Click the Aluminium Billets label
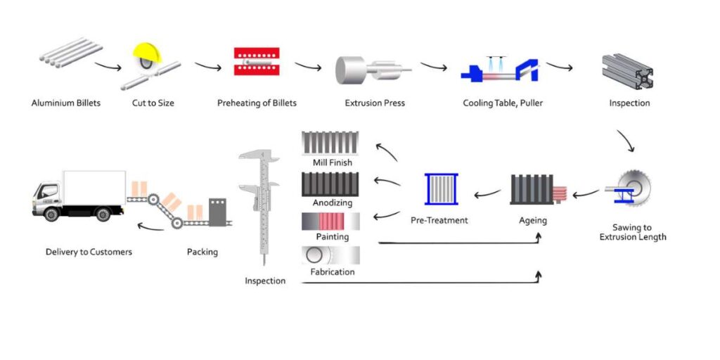coord(66,103)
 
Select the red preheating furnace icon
coord(257,63)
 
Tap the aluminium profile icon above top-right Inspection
coord(627,68)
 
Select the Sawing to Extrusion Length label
coord(633,232)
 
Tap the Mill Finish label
coord(333,163)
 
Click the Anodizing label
coord(333,203)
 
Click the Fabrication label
coord(333,272)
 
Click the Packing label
coord(202,252)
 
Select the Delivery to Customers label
coord(89,252)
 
